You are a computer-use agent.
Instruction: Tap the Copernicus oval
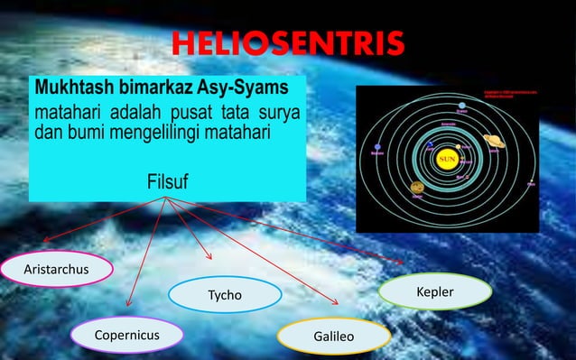coord(127,337)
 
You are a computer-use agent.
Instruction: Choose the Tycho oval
coord(225,295)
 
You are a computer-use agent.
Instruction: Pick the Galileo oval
coord(333,337)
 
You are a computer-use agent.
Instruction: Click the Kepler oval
coord(434,292)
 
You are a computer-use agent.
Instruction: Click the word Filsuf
coord(169,184)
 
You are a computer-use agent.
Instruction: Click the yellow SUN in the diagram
coord(447,160)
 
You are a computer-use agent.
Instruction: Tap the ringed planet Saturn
coord(495,141)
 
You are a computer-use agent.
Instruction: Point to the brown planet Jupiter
coord(417,189)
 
